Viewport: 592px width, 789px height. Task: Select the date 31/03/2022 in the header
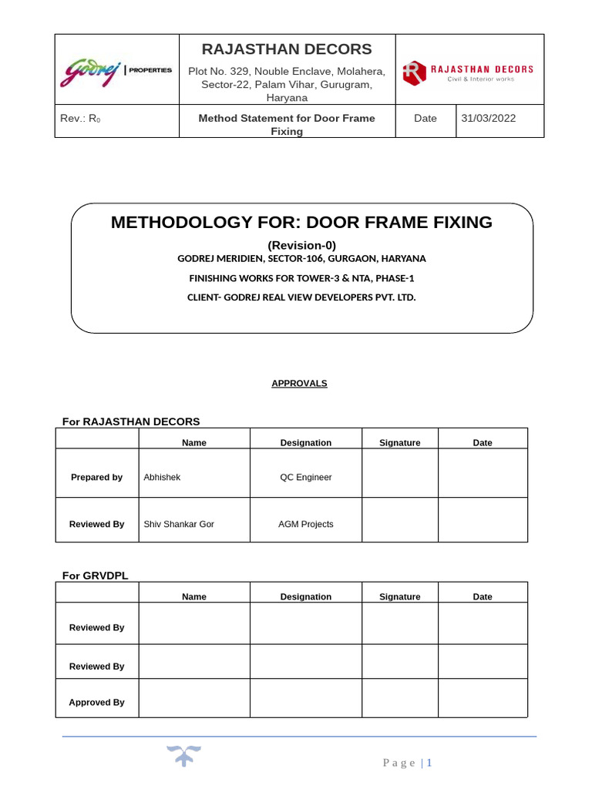click(489, 119)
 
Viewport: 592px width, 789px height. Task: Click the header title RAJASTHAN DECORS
click(287, 49)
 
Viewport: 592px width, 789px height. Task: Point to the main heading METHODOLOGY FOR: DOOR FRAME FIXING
click(301, 223)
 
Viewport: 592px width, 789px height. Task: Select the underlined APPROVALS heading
click(299, 383)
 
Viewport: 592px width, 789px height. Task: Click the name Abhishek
click(162, 477)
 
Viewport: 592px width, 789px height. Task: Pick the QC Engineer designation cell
click(305, 477)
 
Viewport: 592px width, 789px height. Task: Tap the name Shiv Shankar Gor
click(179, 524)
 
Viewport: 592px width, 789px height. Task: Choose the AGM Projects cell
click(305, 524)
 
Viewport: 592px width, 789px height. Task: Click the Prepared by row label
click(96, 477)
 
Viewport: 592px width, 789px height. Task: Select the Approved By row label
click(96, 702)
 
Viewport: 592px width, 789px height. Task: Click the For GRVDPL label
click(95, 576)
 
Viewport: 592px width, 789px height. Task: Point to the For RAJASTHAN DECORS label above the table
click(131, 421)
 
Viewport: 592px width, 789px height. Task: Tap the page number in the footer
click(429, 763)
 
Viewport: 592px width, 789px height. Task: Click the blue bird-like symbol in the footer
click(184, 756)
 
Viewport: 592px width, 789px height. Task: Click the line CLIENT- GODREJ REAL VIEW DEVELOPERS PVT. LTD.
click(301, 297)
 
